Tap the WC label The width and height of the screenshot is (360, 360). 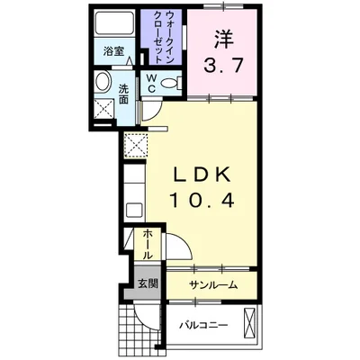click(x=151, y=84)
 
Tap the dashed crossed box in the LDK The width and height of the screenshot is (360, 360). click(x=136, y=144)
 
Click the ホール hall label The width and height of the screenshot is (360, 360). click(x=148, y=243)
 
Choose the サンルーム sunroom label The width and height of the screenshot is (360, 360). click(x=213, y=284)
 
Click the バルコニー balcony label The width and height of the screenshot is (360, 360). click(x=202, y=324)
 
